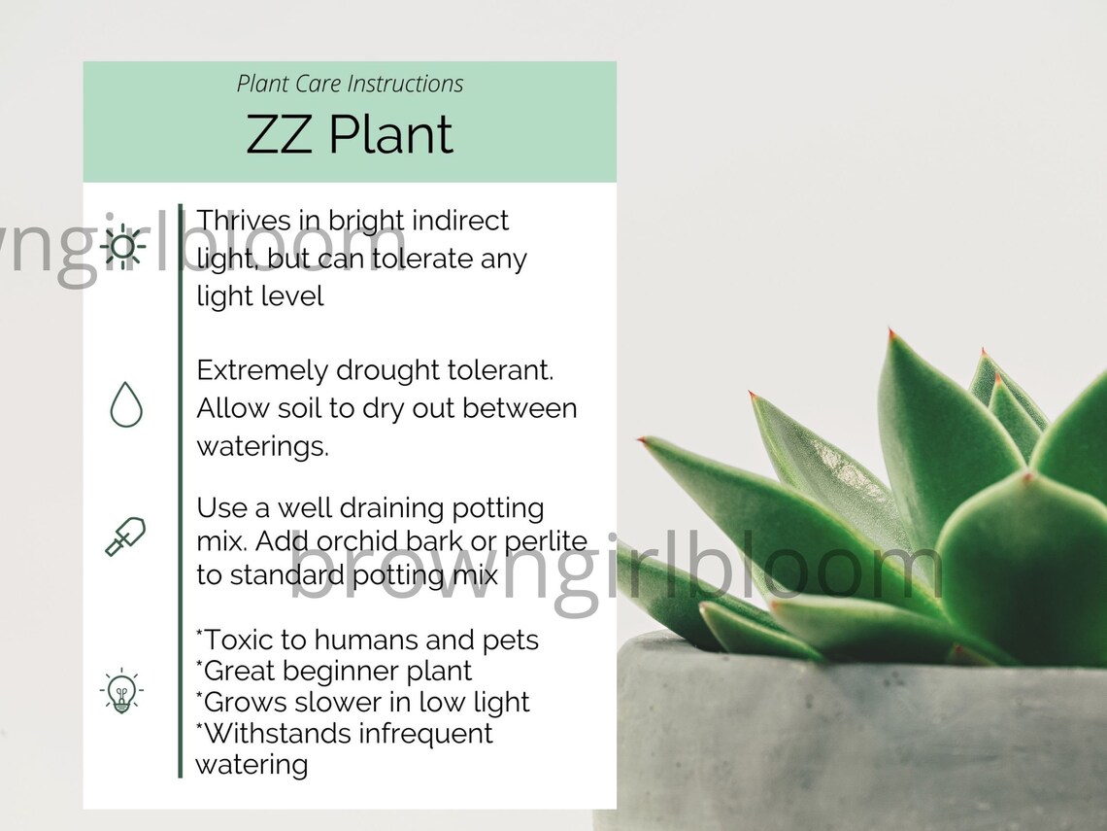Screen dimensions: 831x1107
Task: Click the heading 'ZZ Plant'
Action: pos(350,135)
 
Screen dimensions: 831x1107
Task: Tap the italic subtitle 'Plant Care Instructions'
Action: pos(350,84)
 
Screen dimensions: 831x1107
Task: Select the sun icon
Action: pos(123,245)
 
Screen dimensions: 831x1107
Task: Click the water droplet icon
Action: pos(126,404)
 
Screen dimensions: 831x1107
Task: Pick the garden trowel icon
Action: pos(125,537)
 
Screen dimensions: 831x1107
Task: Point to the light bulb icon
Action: pos(121,693)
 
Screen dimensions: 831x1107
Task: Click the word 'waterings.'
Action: pos(262,446)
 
